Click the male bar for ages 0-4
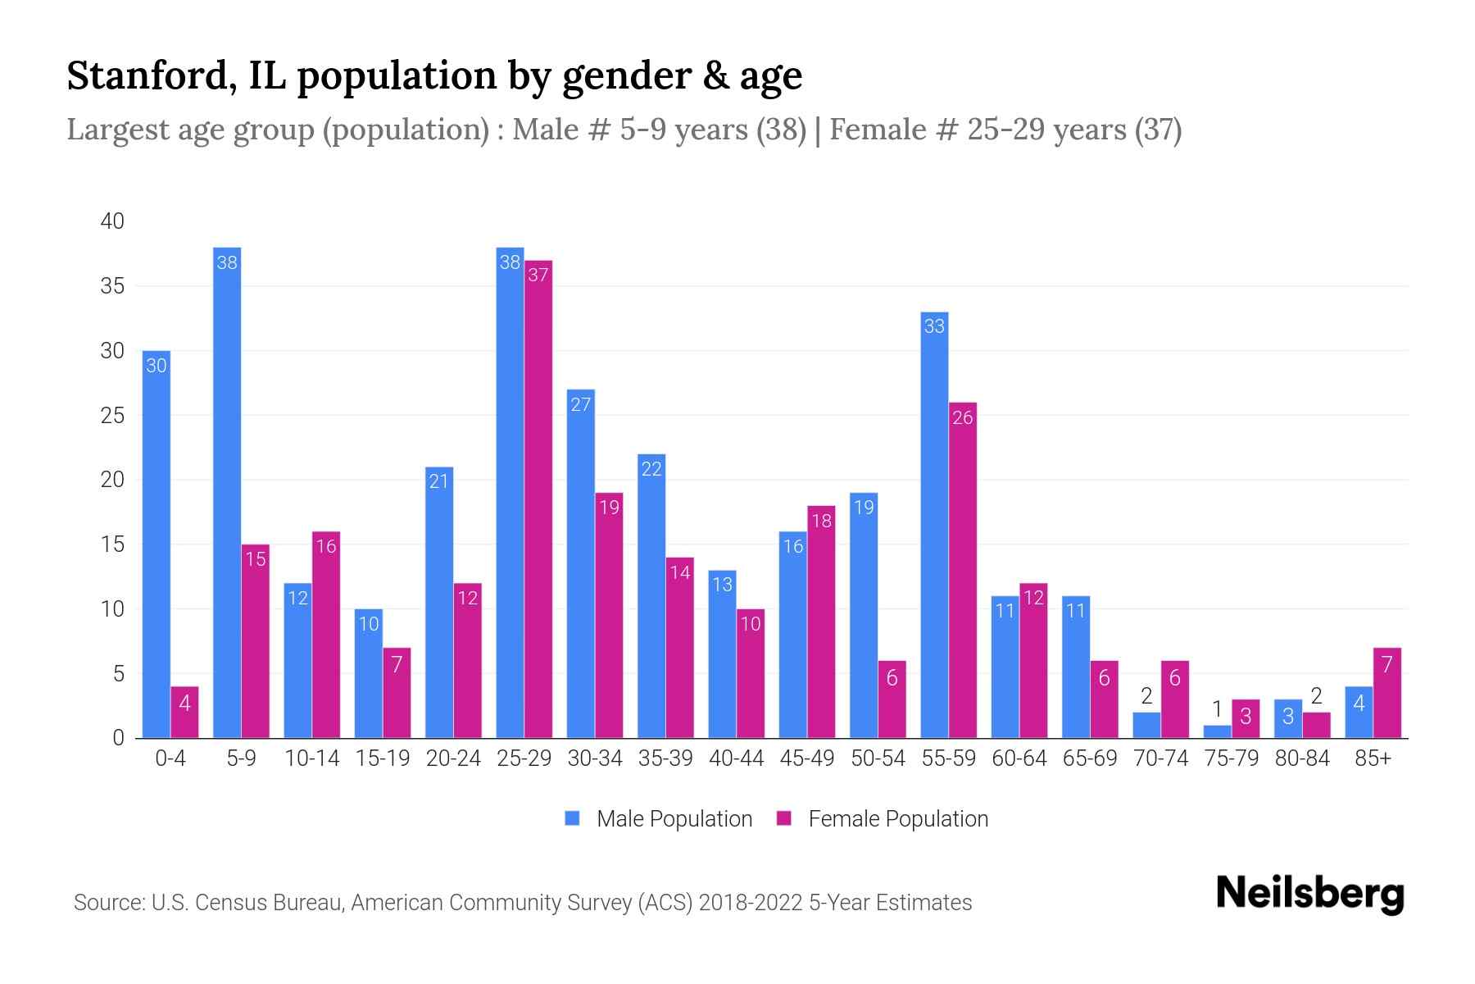pyautogui.click(x=156, y=545)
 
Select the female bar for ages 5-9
pyautogui.click(x=255, y=641)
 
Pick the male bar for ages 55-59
pyautogui.click(x=934, y=525)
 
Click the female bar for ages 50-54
pyautogui.click(x=892, y=699)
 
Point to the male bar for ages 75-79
pyautogui.click(x=1217, y=731)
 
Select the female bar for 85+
pyautogui.click(x=1386, y=693)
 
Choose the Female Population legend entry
pyautogui.click(x=882, y=818)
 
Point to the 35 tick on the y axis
pyautogui.click(x=112, y=286)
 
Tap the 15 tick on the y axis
pyautogui.click(x=112, y=544)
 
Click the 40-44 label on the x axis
pyautogui.click(x=736, y=758)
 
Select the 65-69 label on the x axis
pyautogui.click(x=1089, y=758)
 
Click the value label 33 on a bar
pyautogui.click(x=934, y=326)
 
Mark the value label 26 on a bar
pyautogui.click(x=962, y=417)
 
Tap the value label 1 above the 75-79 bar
pyautogui.click(x=1217, y=708)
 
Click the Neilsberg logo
pyautogui.click(x=1309, y=894)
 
